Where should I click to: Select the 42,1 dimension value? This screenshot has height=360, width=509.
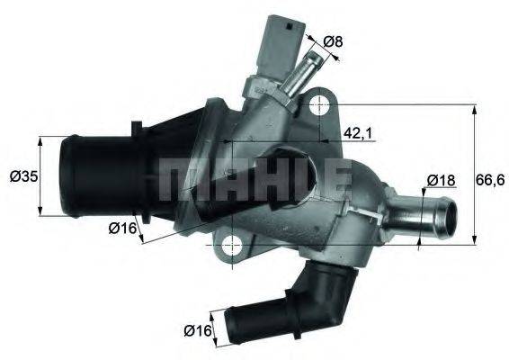click(358, 133)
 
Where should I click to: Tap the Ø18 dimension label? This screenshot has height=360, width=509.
click(438, 180)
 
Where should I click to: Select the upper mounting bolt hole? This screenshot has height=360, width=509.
click(317, 106)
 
